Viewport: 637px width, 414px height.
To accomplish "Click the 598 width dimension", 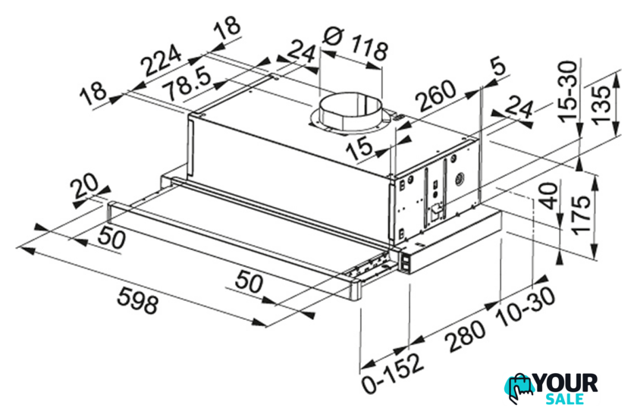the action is tap(137, 300).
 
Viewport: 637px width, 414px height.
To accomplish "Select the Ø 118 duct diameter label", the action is tap(356, 45).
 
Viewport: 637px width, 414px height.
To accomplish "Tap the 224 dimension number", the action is tap(161, 61).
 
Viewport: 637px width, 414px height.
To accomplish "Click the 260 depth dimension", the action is tap(437, 96).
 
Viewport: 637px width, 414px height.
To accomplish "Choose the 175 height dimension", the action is tap(581, 214).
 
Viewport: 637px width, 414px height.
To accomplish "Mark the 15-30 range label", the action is tap(567, 91).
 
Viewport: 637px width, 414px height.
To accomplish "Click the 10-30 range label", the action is tap(526, 307).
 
